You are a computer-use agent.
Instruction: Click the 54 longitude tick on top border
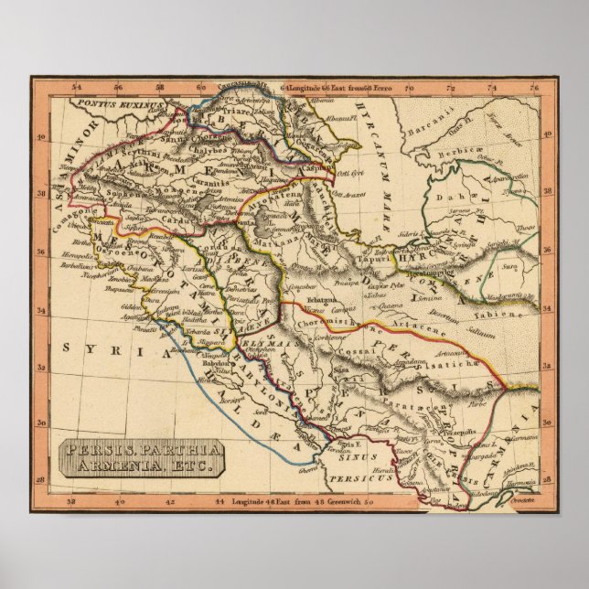point(77,88)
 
